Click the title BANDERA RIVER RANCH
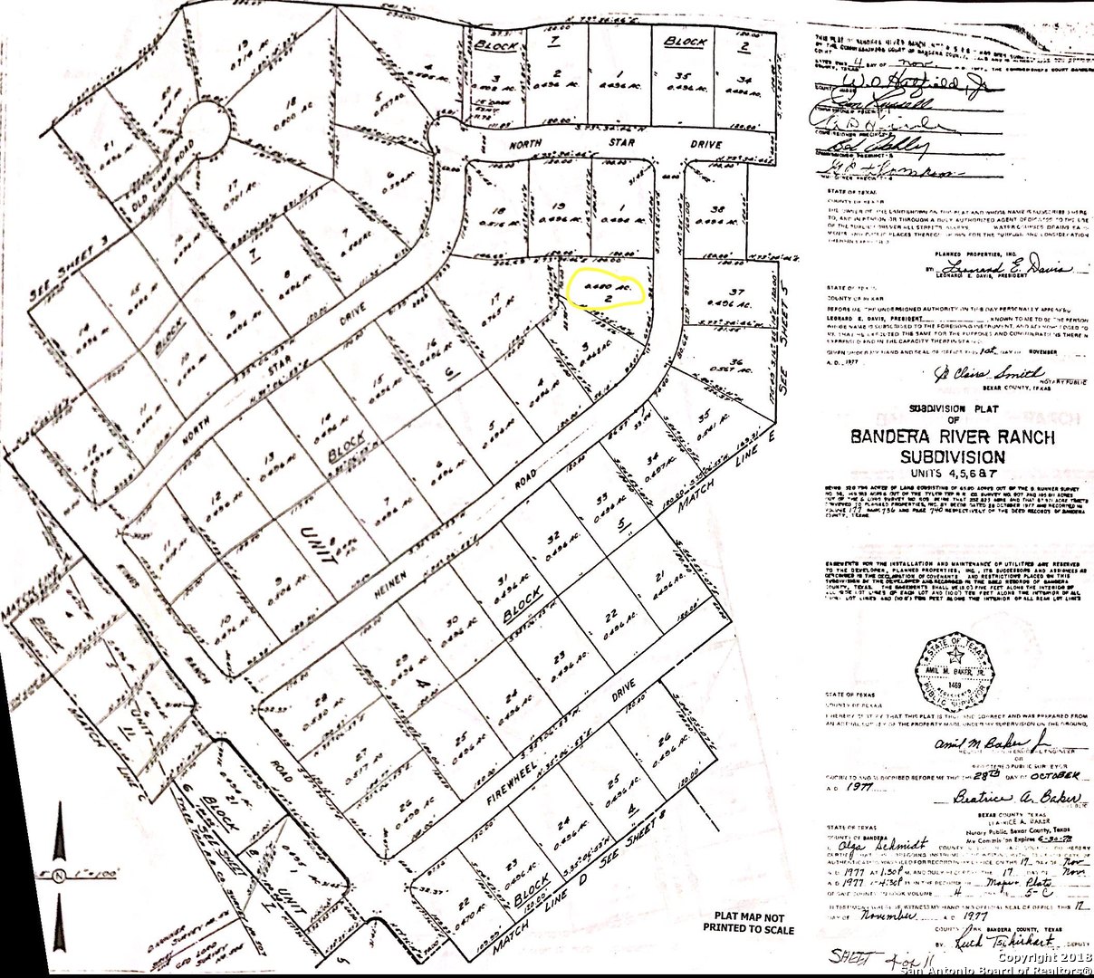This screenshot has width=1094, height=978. point(952,437)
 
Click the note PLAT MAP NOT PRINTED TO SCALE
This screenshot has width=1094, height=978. point(749,924)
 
